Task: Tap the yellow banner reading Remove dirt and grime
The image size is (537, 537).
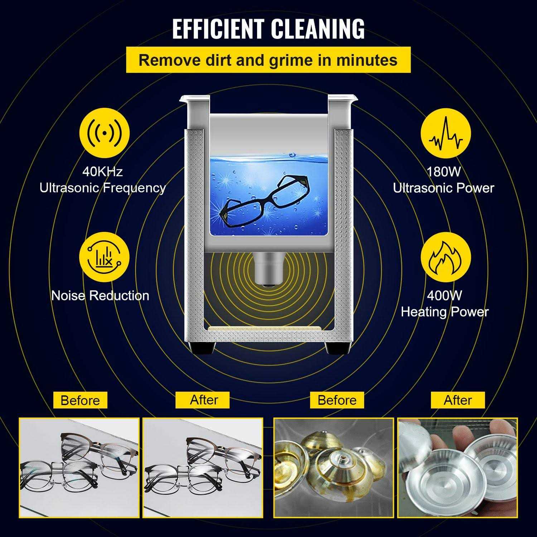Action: tap(268, 60)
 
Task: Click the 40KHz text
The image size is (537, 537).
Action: tap(102, 172)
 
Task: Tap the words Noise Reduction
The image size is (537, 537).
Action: tap(100, 296)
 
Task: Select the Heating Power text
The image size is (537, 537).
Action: tap(445, 312)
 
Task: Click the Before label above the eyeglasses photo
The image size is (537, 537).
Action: tap(80, 400)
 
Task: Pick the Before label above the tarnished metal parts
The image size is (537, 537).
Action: tap(337, 400)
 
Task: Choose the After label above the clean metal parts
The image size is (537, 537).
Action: tap(458, 400)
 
